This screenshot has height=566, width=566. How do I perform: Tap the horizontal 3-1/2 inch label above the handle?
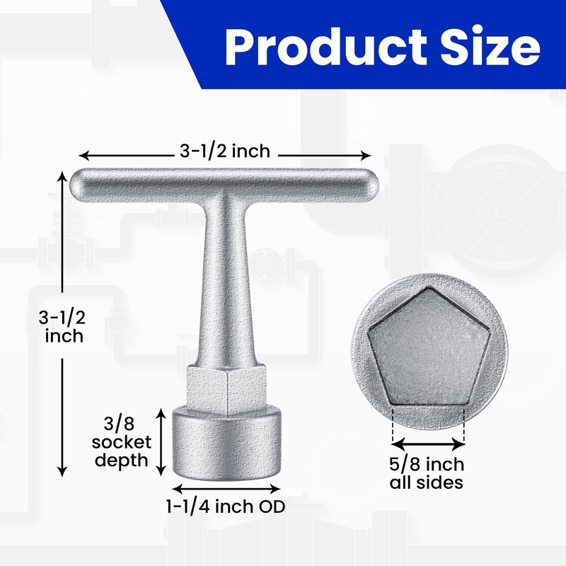coord(225,152)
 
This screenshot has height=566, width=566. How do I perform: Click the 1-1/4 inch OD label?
coord(226,507)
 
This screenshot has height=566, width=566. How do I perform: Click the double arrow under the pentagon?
coord(428,444)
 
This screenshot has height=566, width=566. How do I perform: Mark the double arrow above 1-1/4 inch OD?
coord(226,488)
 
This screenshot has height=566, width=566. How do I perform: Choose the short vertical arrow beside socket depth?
coord(162,442)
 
